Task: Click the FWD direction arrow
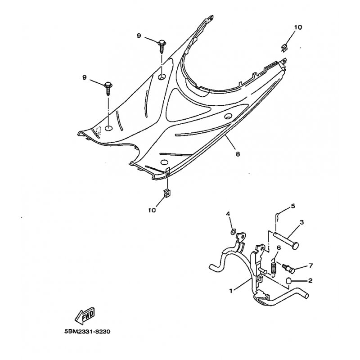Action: pyautogui.click(x=85, y=316)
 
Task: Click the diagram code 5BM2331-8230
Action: pyautogui.click(x=87, y=332)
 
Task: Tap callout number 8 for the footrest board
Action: pyautogui.click(x=238, y=154)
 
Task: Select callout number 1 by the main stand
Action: pyautogui.click(x=231, y=291)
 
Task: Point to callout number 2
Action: pyautogui.click(x=310, y=280)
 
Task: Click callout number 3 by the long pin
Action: pyautogui.click(x=301, y=222)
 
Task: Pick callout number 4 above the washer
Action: pyautogui.click(x=228, y=214)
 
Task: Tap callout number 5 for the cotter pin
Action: pyautogui.click(x=293, y=206)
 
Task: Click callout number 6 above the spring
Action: pyautogui.click(x=279, y=248)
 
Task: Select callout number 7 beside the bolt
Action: pyautogui.click(x=310, y=265)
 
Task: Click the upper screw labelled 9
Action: pyautogui.click(x=162, y=47)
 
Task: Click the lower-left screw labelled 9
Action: pyautogui.click(x=108, y=89)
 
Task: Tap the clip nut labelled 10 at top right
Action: pyautogui.click(x=284, y=48)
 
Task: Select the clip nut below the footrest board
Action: pyautogui.click(x=167, y=193)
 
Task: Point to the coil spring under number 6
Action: pyautogui.click(x=273, y=267)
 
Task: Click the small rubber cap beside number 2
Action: pyautogui.click(x=288, y=280)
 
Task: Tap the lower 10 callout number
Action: pyautogui.click(x=152, y=210)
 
